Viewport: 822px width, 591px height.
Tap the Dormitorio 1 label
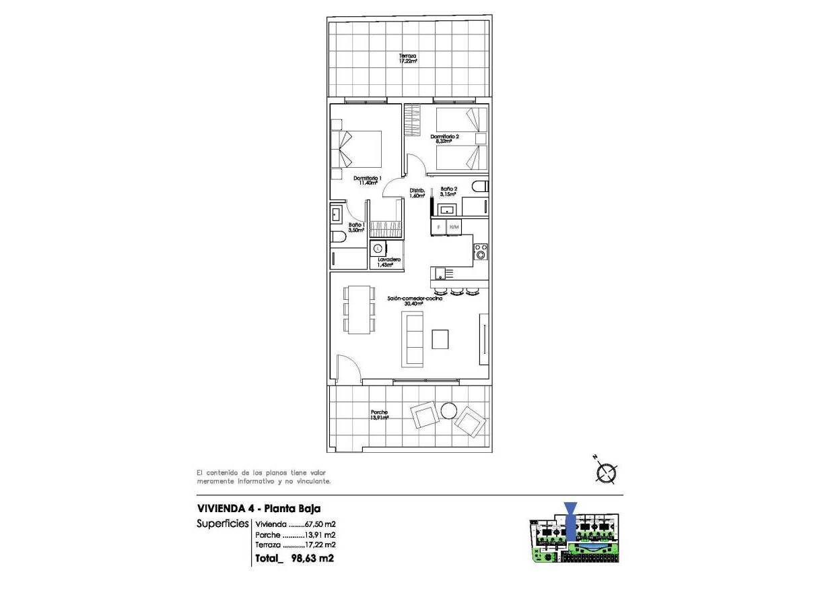(368, 181)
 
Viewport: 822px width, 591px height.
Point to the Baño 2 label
(449, 191)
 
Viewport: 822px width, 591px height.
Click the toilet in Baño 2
(479, 186)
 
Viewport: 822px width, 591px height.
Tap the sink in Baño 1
(337, 215)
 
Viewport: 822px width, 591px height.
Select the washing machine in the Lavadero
(378, 249)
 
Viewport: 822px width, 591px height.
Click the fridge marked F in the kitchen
(440, 227)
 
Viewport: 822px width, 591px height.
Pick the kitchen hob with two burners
(481, 251)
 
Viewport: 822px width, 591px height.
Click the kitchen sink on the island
(439, 273)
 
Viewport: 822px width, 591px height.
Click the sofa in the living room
(412, 340)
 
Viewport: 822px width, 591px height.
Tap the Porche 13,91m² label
(379, 415)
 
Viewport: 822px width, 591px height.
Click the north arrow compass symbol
(607, 474)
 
